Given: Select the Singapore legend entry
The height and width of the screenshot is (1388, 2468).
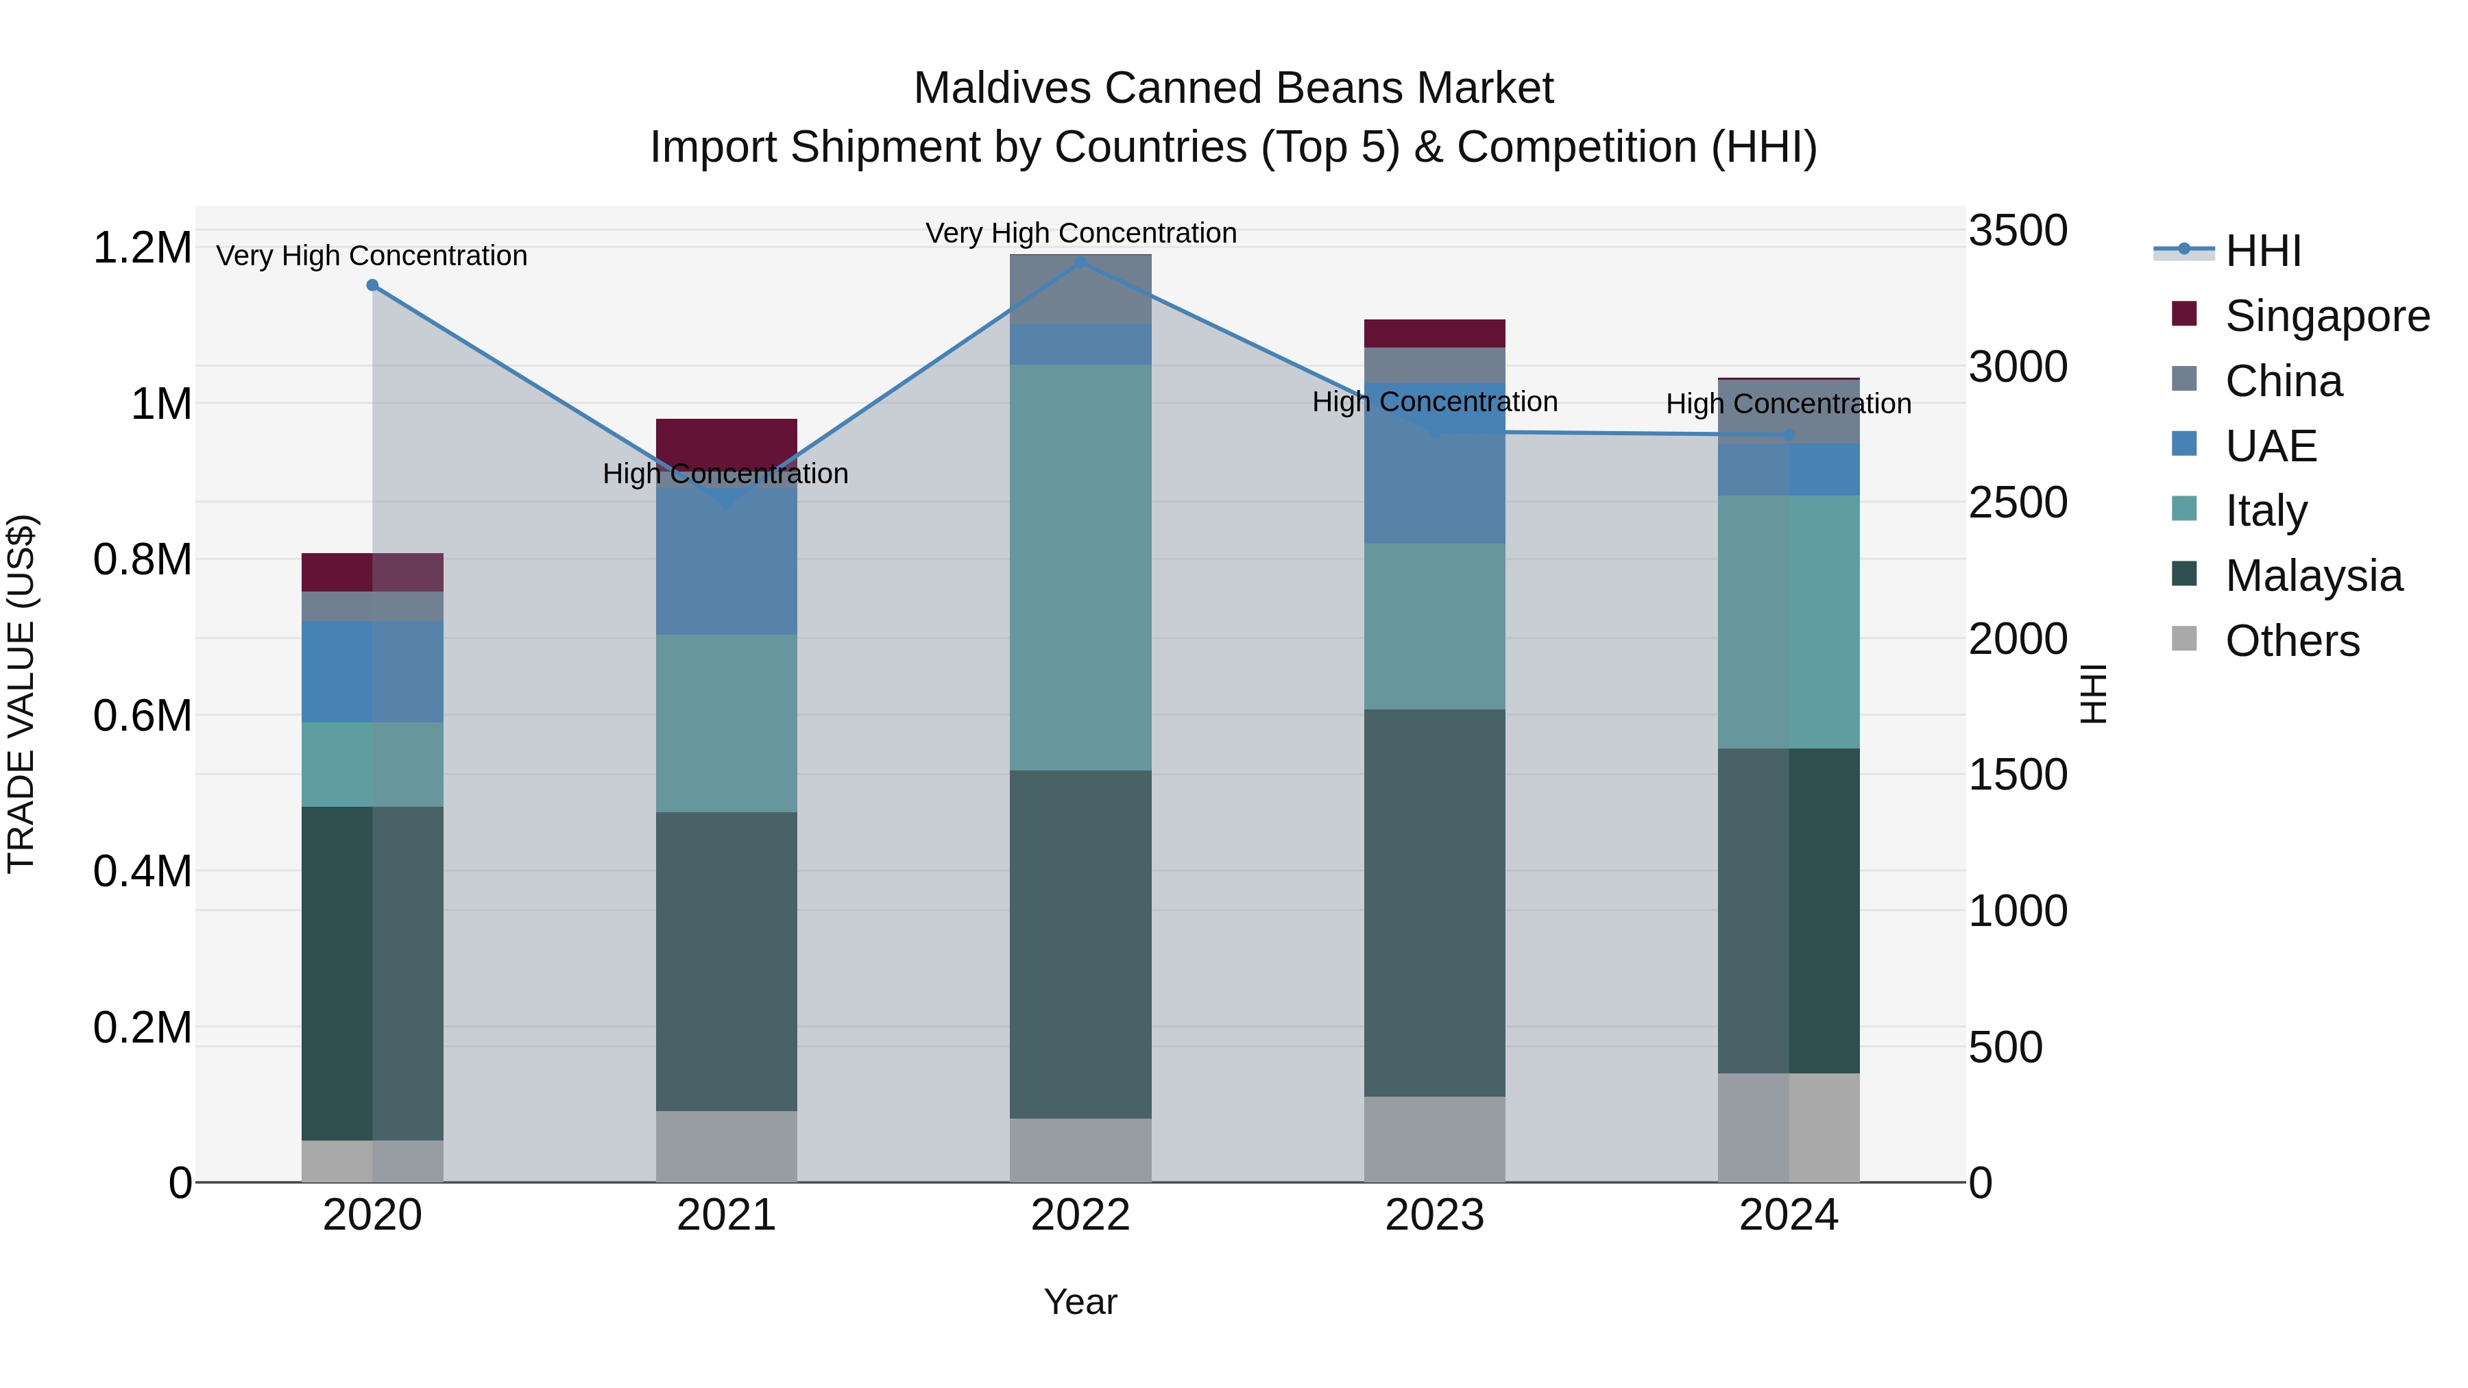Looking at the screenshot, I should point(2326,316).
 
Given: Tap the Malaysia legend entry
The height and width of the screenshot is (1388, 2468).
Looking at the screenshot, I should point(2313,576).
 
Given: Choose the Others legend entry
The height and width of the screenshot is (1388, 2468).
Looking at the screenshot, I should point(2292,641).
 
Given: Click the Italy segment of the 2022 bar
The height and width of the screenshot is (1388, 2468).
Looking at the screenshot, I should point(1080,567).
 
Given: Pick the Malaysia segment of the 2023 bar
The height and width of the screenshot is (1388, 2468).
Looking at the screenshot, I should point(1434,902).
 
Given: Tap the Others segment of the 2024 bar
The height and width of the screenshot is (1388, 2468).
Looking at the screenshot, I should point(1788,1128).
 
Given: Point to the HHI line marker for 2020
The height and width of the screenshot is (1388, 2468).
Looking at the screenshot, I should point(373,285).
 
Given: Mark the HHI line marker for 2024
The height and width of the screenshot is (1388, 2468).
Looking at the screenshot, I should point(1789,435).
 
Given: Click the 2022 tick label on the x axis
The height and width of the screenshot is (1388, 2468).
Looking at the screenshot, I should point(1080,1215).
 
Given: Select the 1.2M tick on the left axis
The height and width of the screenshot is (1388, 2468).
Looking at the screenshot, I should point(142,248).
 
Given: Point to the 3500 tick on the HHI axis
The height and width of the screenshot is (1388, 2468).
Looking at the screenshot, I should point(2018,231).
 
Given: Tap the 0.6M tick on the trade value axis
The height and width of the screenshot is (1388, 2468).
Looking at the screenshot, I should point(142,716).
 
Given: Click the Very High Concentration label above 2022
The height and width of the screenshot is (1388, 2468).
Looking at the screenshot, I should point(1080,233).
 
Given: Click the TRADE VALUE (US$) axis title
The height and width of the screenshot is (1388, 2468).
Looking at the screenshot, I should point(21,694).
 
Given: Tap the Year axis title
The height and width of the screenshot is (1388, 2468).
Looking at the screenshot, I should point(1080,1302).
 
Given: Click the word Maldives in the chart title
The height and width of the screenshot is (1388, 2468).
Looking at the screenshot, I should point(1001,88).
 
